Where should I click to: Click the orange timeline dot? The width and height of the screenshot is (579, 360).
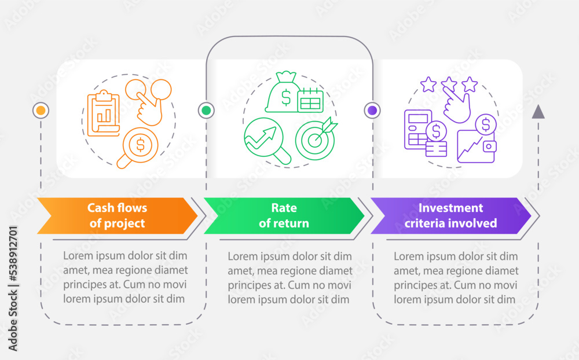(x=41, y=111)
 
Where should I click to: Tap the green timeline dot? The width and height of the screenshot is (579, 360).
(x=206, y=111)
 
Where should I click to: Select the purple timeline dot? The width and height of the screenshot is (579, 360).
(x=372, y=111)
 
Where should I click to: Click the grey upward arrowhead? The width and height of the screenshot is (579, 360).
(x=538, y=112)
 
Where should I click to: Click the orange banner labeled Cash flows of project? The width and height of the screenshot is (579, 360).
(x=118, y=216)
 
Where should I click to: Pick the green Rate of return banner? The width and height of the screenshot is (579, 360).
(x=284, y=216)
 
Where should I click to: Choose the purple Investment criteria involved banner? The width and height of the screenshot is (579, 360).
(x=450, y=216)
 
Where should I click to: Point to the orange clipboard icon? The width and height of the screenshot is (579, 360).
(x=104, y=113)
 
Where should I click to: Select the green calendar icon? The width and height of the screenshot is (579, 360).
(x=310, y=100)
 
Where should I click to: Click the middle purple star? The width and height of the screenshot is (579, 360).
(x=449, y=84)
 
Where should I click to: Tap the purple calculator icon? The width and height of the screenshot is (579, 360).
(x=417, y=130)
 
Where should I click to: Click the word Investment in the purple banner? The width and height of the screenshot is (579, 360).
(x=450, y=208)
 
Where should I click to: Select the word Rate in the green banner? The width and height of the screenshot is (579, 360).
(x=284, y=208)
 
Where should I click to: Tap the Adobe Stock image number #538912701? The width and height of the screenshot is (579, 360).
(x=13, y=255)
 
